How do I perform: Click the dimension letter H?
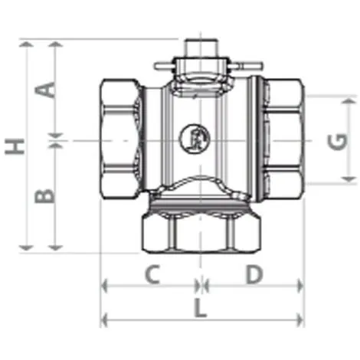tap(15, 146)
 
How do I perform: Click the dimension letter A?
tap(45, 90)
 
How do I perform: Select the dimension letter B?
tap(44, 196)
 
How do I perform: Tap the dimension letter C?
tap(152, 274)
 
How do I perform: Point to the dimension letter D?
tap(254, 274)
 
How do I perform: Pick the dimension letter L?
tap(200, 308)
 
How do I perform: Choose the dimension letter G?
tap(338, 141)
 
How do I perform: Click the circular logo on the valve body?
tap(195, 139)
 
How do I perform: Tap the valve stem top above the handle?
tap(201, 47)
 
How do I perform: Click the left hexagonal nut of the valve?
tap(120, 139)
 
